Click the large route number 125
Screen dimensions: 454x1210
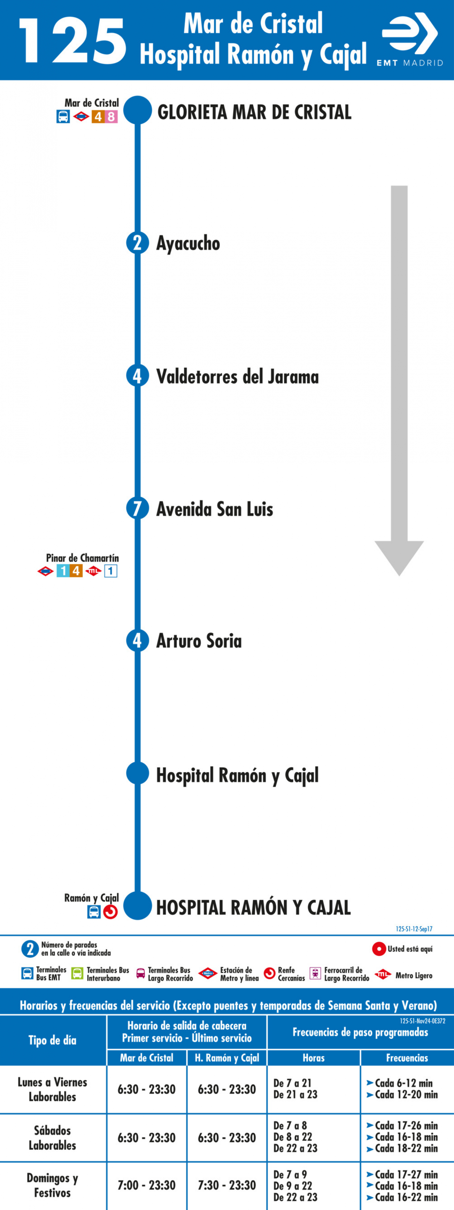pos(73,41)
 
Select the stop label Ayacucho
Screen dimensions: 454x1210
pos(188,244)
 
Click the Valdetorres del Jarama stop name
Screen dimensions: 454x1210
pos(237,376)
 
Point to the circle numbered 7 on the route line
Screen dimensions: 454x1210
pos(137,508)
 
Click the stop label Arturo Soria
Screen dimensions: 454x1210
pos(199,641)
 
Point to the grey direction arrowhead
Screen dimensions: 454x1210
pos(399,557)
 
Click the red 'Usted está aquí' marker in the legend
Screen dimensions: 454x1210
pos(379,949)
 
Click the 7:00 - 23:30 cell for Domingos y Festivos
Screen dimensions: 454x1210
pos(146,1185)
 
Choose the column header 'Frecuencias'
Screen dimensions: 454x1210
pos(407,1057)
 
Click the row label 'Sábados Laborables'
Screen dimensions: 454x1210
pos(52,1137)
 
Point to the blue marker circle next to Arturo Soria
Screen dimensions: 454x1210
pos(137,640)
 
